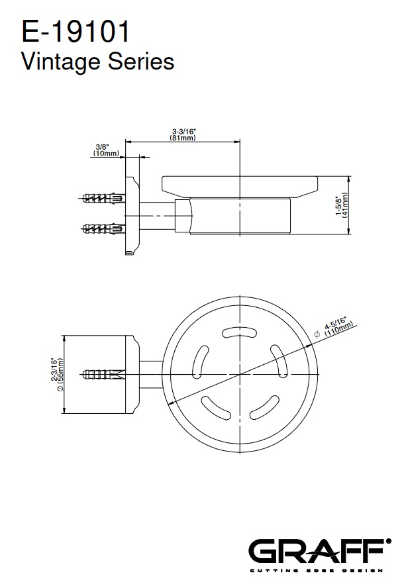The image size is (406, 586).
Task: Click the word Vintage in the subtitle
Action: [62, 62]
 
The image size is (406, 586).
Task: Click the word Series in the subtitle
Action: [141, 62]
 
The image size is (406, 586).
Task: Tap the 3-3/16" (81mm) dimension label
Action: [183, 134]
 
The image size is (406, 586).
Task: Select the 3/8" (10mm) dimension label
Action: [106, 150]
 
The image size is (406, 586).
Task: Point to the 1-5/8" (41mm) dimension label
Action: [342, 205]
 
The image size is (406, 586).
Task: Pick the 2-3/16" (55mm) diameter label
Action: [57, 375]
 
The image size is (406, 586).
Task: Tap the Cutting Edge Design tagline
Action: [317, 571]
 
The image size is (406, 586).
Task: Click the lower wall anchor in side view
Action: [102, 228]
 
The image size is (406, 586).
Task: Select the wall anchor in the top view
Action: [102, 373]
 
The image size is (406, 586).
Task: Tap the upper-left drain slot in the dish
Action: [200, 362]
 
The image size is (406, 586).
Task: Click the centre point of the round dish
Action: [240, 373]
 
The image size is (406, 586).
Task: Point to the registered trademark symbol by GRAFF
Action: [389, 541]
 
